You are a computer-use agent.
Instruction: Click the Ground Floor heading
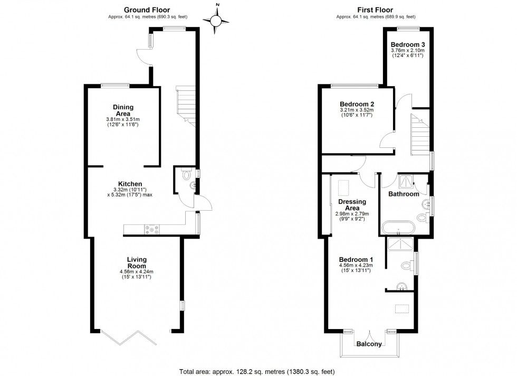[141, 10]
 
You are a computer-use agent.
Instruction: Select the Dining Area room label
[123, 110]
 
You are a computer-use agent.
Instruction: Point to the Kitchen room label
[130, 184]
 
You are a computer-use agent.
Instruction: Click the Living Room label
[137, 262]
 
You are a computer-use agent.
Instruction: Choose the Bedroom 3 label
[408, 44]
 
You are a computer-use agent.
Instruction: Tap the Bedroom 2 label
[357, 104]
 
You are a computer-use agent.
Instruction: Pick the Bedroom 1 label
[356, 259]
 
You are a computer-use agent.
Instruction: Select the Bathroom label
[404, 194]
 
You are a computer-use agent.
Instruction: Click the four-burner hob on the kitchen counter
[154, 229]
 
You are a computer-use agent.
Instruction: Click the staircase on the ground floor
[185, 106]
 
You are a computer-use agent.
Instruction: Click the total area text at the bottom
[257, 371]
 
